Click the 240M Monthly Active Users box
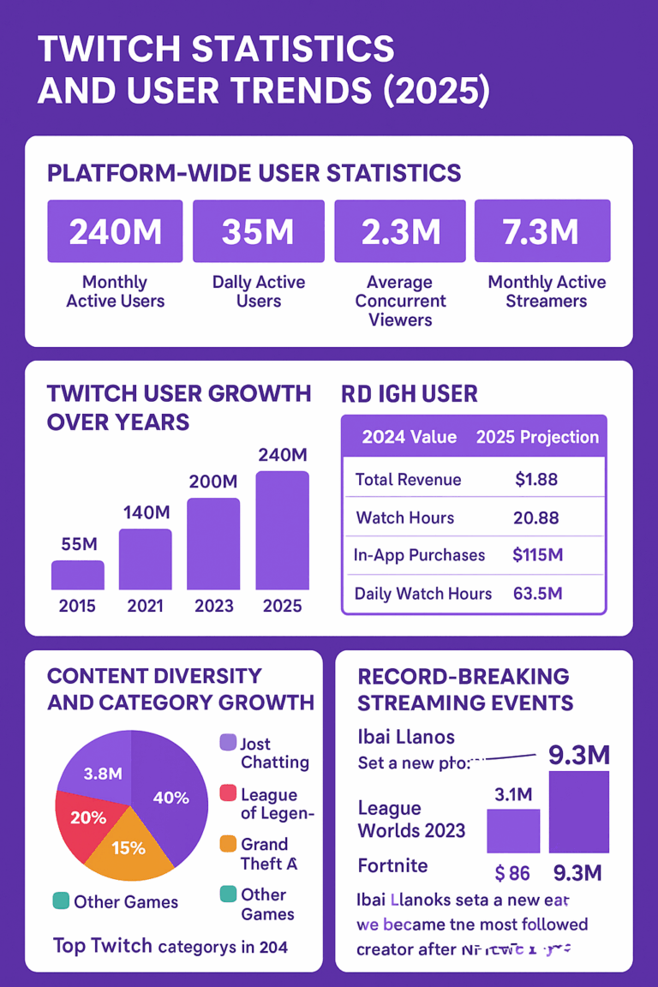[x=115, y=231]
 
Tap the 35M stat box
[x=259, y=231]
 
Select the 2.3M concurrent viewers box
[x=400, y=231]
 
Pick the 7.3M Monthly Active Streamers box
[x=542, y=231]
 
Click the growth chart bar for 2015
[x=78, y=576]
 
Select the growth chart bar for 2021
[x=146, y=559]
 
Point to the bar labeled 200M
[x=213, y=544]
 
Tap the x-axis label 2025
[x=283, y=606]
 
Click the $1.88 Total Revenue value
[x=536, y=480]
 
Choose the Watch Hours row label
[x=405, y=517]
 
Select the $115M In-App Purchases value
[x=537, y=555]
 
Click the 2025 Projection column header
[x=537, y=437]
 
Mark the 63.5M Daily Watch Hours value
[x=537, y=593]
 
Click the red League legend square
[x=228, y=794]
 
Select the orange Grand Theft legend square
[x=228, y=844]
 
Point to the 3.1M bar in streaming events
[x=513, y=831]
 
